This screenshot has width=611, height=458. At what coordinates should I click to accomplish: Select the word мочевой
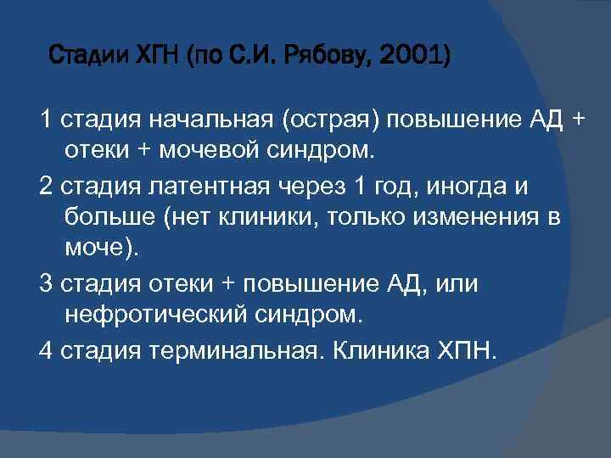pos(208,152)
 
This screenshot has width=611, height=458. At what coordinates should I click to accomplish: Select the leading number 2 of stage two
pos(45,185)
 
